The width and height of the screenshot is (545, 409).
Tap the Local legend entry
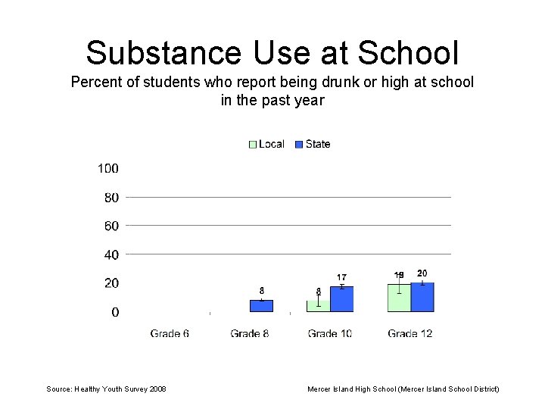pos(266,144)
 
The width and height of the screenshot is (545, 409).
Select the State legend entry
pos(313,144)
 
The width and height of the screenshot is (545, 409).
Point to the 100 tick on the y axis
pos(107,168)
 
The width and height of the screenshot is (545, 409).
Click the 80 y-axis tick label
pos(111,198)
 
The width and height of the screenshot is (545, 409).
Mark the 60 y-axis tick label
pos(111,226)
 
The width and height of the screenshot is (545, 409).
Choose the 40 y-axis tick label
pos(111,254)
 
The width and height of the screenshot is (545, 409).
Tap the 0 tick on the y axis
pos(115,312)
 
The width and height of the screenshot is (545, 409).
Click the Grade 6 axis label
pos(170,333)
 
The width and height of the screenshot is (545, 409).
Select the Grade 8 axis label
pos(250,333)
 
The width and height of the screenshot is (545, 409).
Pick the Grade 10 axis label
pos(330,333)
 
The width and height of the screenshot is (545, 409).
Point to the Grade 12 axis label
pos(410,333)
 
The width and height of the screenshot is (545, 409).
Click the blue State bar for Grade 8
pos(261,306)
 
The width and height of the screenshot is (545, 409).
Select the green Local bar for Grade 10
pos(319,306)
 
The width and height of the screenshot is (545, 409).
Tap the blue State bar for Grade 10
pos(342,299)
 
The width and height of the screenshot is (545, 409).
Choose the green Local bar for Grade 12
pos(399,298)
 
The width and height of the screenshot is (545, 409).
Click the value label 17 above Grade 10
pos(342,278)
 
